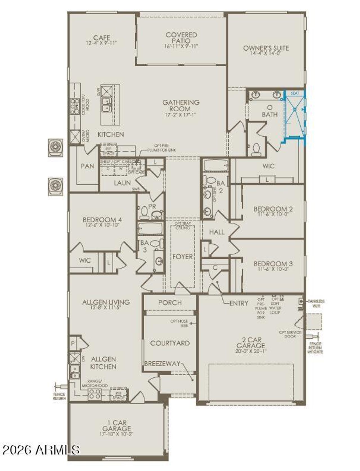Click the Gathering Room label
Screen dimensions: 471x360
(x=181, y=105)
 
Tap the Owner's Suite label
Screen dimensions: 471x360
(x=266, y=48)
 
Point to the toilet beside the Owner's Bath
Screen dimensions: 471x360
(x=256, y=149)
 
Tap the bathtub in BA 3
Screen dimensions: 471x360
(x=150, y=228)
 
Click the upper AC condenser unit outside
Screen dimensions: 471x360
(x=55, y=148)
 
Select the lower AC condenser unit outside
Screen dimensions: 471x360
(x=55, y=186)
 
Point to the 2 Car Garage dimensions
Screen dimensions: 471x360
(x=251, y=351)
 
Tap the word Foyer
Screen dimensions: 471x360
(x=183, y=257)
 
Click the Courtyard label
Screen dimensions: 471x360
(x=170, y=343)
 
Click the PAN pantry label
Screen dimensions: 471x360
(x=87, y=166)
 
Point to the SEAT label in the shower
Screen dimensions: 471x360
(x=295, y=93)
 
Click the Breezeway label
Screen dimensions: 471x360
(x=162, y=364)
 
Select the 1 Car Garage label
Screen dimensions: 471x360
(x=116, y=425)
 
